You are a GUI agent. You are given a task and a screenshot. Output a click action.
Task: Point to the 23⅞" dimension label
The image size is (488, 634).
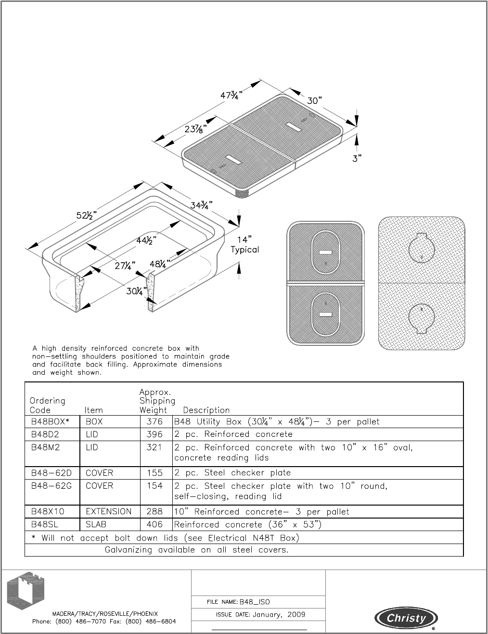coord(196,129)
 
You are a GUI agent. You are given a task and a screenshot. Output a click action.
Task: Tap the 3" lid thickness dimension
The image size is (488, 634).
coord(357,158)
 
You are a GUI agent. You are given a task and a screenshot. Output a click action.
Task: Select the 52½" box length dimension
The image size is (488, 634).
coord(87,215)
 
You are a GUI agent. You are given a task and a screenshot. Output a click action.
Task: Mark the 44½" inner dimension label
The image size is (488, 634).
coord(146,239)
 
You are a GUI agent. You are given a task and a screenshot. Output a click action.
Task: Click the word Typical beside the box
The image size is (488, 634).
coord(244,250)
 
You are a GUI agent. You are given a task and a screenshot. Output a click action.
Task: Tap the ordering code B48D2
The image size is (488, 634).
coord(45,434)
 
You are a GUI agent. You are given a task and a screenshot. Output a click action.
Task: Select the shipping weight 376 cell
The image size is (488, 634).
coord(155,422)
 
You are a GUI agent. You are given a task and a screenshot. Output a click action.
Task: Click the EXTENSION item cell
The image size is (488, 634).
coord(108,511)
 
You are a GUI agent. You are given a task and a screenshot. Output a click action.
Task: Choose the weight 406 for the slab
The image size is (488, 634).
coord(155,524)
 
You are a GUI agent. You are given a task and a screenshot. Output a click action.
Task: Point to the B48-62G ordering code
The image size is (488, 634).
coord(51,486)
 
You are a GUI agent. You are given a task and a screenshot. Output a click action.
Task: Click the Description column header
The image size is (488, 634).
coord(206,410)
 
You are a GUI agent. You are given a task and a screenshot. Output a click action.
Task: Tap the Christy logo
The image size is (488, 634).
coord(407,618)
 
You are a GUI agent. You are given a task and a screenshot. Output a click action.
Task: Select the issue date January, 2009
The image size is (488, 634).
coord(279,615)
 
